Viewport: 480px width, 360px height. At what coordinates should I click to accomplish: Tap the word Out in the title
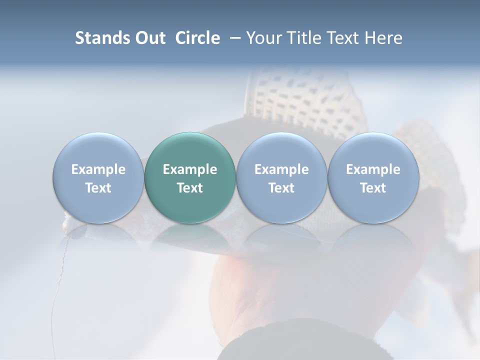coord(150,38)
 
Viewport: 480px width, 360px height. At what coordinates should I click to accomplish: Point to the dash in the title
coord(233,38)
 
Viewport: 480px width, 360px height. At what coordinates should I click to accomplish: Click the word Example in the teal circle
coord(190,169)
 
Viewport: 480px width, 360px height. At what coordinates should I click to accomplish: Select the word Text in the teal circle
coord(190,188)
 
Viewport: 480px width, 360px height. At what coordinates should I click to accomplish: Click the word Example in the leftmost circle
coord(98,169)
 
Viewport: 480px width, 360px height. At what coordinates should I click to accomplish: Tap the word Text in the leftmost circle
coord(98,188)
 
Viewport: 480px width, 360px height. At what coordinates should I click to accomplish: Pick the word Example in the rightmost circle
coord(373,169)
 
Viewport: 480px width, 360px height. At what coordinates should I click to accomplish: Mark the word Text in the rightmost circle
coord(373,188)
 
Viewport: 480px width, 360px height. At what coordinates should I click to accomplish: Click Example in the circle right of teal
coord(281,169)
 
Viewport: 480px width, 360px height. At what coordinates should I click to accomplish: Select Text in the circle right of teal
coord(281,188)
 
